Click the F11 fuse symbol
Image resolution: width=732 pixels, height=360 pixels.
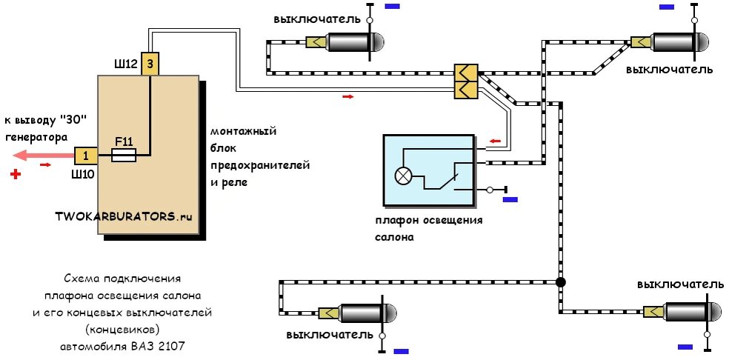coord(124,156)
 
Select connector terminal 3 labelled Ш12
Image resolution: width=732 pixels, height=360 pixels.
coord(150,64)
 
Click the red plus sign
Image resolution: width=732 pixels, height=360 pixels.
coord(16,175)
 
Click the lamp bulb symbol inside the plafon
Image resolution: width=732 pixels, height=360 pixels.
coord(402,176)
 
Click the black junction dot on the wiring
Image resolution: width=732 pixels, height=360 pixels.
coord(561,282)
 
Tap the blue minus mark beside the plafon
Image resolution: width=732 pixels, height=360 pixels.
coord(510,199)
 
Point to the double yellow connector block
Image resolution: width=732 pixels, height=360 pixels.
coord(465,81)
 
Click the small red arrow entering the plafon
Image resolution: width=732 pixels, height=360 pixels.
coord(495,141)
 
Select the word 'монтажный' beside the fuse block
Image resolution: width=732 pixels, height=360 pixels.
coord(244,131)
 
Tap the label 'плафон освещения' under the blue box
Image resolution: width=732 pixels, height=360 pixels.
coord(429,221)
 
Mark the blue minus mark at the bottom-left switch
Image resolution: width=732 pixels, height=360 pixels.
coord(401,351)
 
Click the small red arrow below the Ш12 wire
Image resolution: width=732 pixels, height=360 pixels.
coord(348,96)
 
